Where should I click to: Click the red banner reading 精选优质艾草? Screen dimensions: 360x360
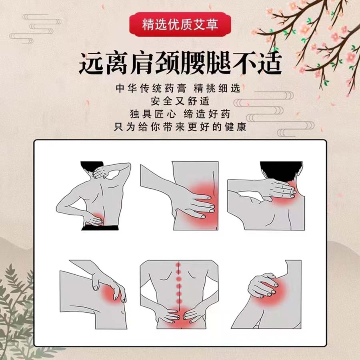[180, 24]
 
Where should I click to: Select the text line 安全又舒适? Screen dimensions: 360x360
[180, 101]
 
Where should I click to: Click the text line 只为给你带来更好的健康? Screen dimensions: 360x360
[180, 127]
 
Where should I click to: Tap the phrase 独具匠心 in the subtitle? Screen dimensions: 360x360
[153, 114]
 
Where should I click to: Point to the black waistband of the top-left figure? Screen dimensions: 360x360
[100, 228]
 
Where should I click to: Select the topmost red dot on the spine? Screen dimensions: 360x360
[178, 265]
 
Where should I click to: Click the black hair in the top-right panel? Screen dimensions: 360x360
[281, 170]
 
